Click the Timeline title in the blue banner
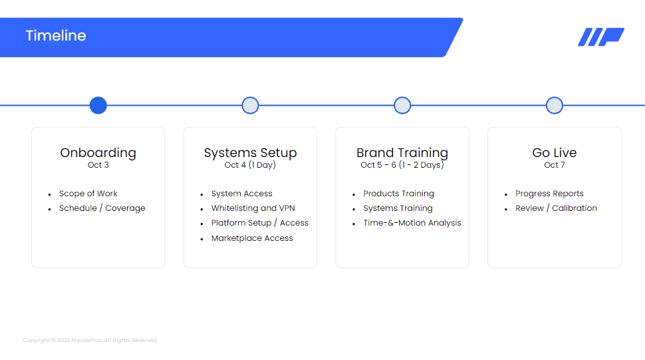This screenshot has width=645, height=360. coord(56,36)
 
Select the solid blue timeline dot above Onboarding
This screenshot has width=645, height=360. coord(98,105)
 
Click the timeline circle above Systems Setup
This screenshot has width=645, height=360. coord(250,105)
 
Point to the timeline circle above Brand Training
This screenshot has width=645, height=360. coord(402,105)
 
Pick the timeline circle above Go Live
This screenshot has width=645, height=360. coord(555,105)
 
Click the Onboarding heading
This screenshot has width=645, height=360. coord(98,152)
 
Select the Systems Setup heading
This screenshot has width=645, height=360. coord(250,152)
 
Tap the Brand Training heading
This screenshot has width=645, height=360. coord(402,152)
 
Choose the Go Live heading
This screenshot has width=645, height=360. coord(555,152)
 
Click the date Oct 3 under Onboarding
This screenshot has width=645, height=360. coord(98,165)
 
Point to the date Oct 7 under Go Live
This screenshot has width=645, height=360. coord(555,165)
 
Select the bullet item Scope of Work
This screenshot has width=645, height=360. coord(88,194)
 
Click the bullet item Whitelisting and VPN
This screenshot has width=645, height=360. coord(253,208)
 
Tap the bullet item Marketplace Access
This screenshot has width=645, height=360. coord(252,238)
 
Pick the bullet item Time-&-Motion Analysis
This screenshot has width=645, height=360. coord(412,223)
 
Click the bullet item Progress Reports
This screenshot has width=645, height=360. coord(549,194)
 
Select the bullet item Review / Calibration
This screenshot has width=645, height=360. coord(556,208)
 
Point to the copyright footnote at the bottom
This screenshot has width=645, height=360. coord(90,340)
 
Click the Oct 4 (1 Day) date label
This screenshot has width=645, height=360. coord(250,165)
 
